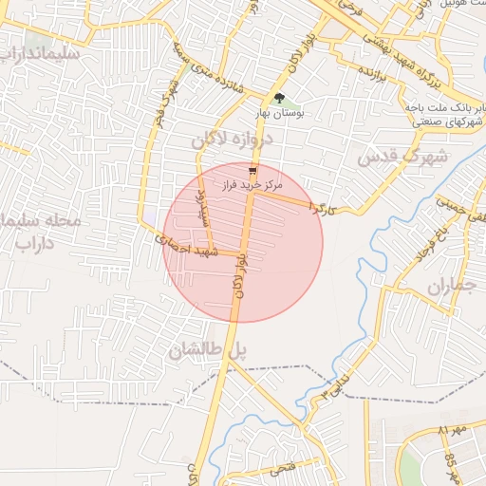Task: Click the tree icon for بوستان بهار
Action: point(278,98)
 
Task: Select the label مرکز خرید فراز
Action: point(250,185)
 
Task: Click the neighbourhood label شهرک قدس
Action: point(402,157)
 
